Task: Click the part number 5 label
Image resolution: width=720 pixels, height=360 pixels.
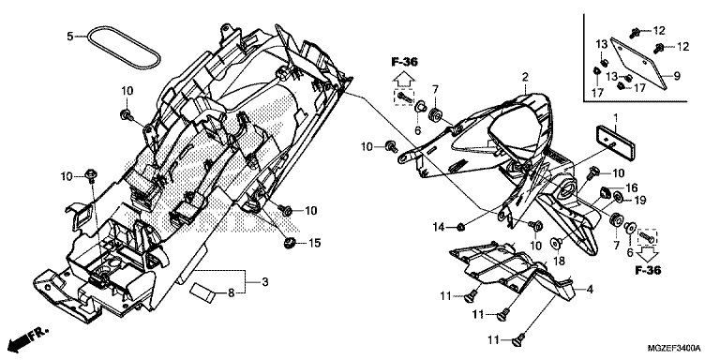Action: click(x=69, y=36)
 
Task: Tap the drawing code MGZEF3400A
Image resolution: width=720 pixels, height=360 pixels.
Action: click(x=674, y=347)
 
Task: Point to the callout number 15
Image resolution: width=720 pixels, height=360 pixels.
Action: click(x=315, y=243)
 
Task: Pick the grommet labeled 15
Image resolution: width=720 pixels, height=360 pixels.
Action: click(x=290, y=242)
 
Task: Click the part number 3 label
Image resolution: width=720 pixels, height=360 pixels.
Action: click(x=265, y=282)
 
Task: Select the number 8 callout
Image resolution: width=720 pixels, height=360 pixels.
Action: click(x=232, y=292)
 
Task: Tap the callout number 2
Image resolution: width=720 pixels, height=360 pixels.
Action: click(x=525, y=76)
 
